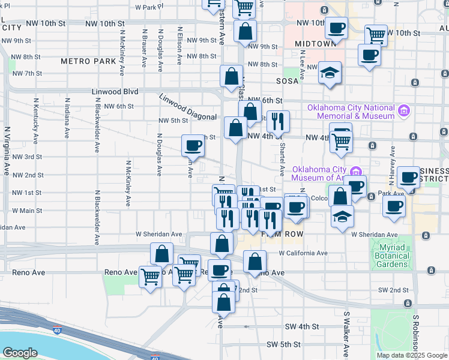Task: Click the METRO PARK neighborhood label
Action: pyautogui.click(x=88, y=61)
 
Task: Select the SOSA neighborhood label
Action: pyautogui.click(x=287, y=80)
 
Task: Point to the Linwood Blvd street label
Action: pyautogui.click(x=115, y=92)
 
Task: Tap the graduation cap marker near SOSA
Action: pyautogui.click(x=330, y=74)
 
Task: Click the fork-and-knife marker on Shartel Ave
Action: pyautogui.click(x=278, y=122)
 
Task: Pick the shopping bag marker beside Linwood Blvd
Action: pyautogui.click(x=232, y=77)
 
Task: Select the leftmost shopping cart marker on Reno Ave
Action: pyautogui.click(x=149, y=278)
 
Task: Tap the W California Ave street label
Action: pyautogui.click(x=303, y=253)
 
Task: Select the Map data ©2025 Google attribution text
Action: pyautogui.click(x=412, y=355)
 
